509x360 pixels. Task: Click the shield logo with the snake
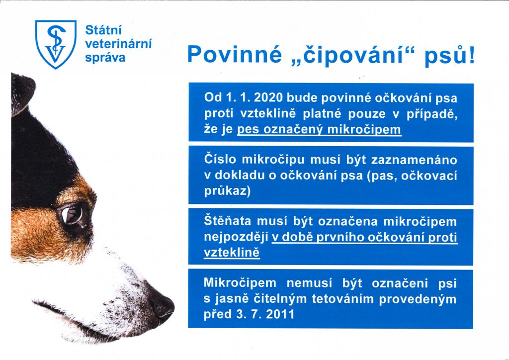point(56,44)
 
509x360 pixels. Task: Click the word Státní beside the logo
point(103,30)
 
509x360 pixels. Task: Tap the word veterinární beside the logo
point(118,44)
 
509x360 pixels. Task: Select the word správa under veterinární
point(105,58)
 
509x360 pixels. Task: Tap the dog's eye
point(73,215)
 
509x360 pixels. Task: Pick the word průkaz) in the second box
point(227,191)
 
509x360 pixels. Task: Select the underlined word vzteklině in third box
point(232,253)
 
